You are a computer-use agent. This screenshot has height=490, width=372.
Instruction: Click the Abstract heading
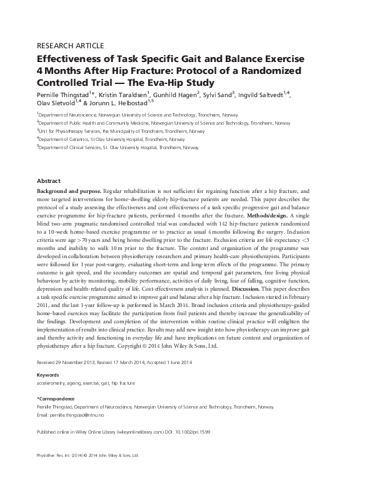point(49,179)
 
